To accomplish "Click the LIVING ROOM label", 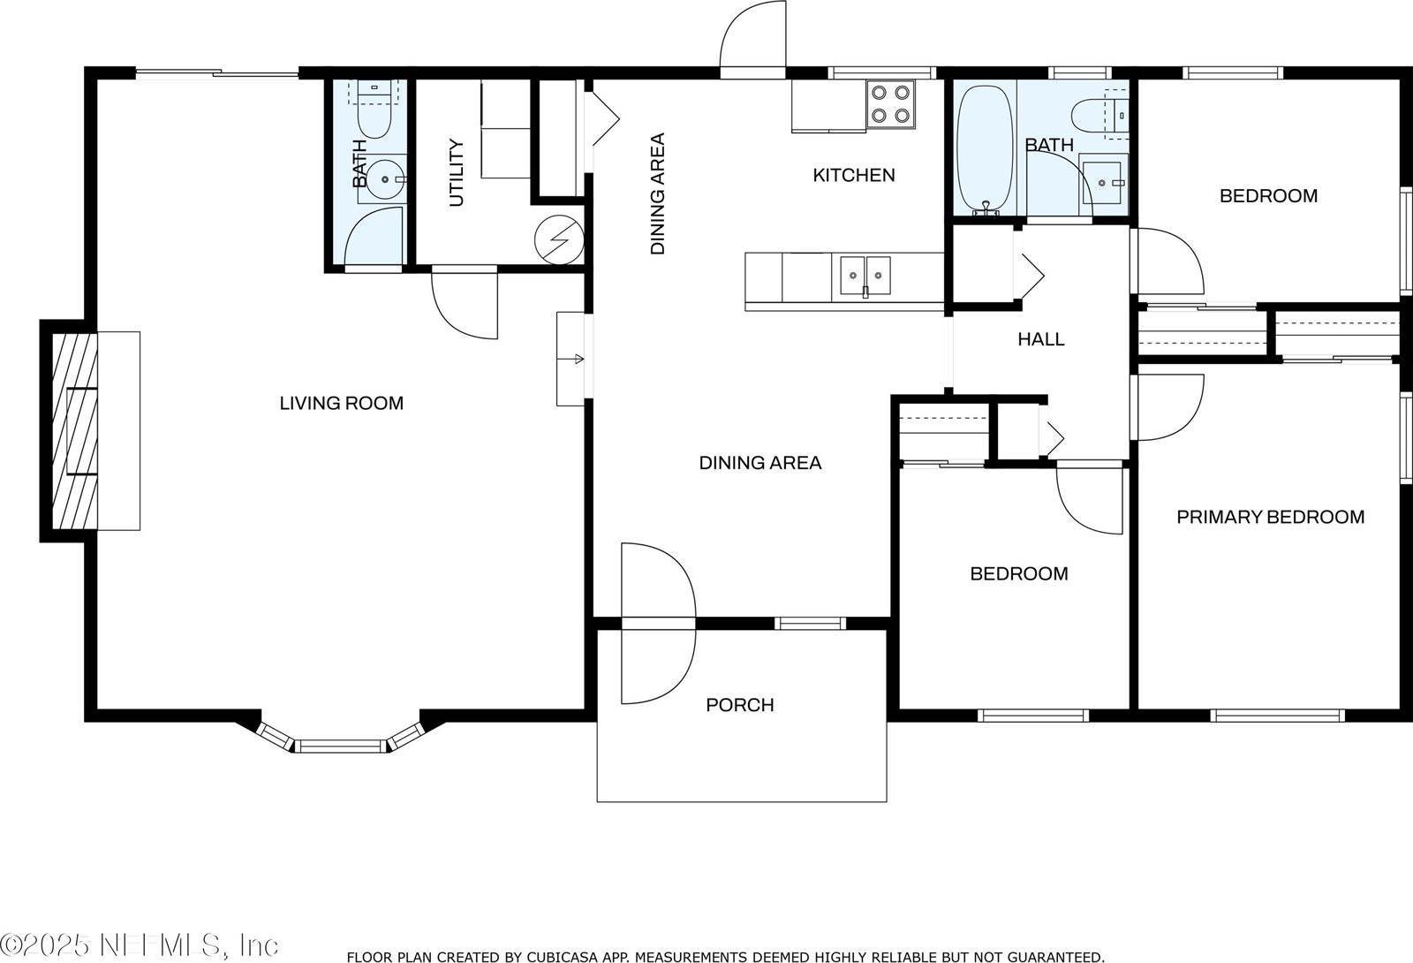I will point(341,404).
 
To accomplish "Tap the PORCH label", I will point(740,705).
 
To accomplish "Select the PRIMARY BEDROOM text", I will point(1270,517).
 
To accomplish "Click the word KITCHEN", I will point(853,175).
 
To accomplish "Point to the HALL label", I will point(1040,339).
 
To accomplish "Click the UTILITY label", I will point(457,172).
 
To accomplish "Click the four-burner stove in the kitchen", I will point(889,102).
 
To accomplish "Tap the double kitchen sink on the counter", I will point(865,274).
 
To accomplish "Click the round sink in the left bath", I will point(386,179).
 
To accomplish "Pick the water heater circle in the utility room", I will point(560,239).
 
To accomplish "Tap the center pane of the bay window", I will point(341,747).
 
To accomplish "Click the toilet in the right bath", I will point(1095,115).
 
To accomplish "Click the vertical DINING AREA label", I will point(657,194).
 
